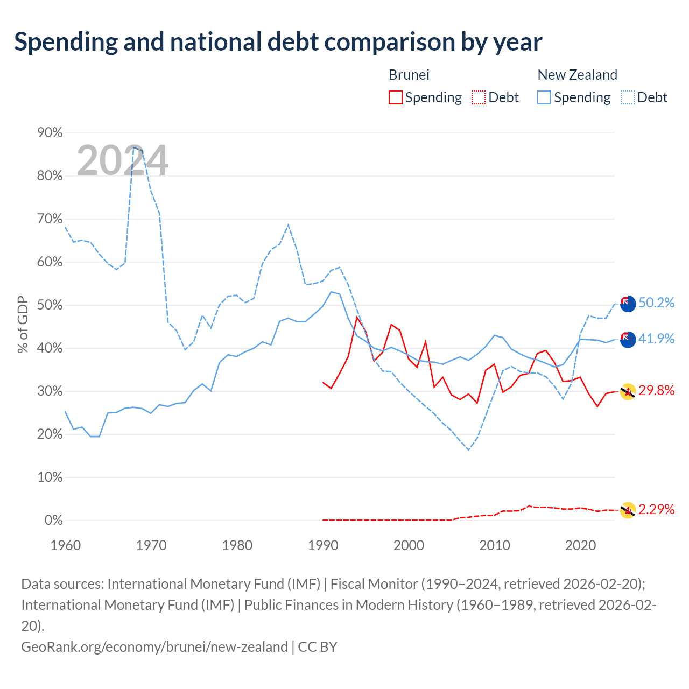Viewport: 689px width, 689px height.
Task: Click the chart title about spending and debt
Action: (278, 42)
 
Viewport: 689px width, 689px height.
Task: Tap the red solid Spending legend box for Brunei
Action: (395, 97)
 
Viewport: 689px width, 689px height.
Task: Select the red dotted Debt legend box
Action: (478, 97)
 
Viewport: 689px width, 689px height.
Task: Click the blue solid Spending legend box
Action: (544, 97)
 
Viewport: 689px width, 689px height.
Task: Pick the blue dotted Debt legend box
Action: (627, 97)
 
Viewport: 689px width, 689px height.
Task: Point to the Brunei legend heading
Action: (409, 75)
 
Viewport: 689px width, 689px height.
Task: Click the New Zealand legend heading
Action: (577, 75)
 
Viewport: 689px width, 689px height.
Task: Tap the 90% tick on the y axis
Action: (50, 132)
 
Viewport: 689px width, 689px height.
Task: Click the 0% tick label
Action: (53, 520)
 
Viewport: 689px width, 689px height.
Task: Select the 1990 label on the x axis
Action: (323, 545)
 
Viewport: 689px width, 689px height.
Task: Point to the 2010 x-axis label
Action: (495, 545)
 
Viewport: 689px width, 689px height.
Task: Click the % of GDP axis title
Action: (23, 324)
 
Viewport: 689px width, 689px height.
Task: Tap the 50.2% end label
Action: (656, 303)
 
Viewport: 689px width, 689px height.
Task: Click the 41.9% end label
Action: (656, 338)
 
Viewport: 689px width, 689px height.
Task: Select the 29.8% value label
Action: (656, 390)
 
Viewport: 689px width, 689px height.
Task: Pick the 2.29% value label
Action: (656, 509)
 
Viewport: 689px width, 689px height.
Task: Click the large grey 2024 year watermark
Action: (122, 160)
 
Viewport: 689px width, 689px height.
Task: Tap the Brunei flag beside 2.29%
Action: (628, 510)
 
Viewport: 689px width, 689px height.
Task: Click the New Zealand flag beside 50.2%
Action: (628, 304)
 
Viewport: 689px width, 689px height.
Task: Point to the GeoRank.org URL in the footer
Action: (154, 647)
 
